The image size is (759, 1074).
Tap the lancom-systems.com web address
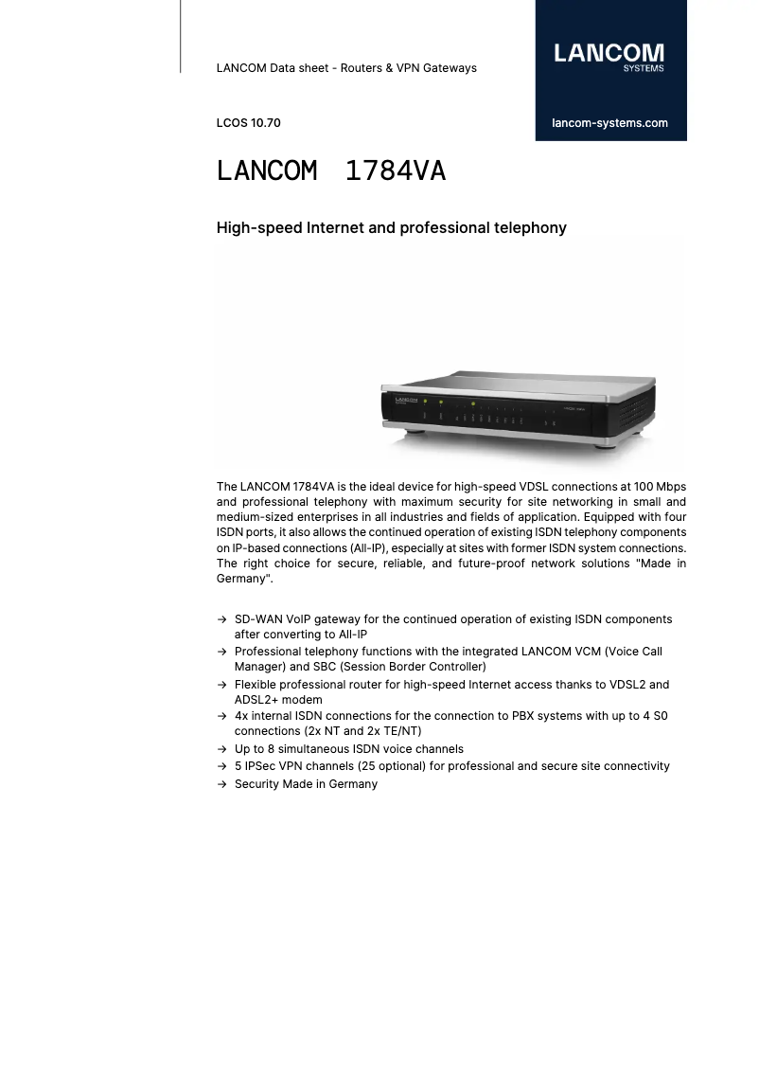(x=609, y=123)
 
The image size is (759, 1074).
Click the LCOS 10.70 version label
(x=248, y=123)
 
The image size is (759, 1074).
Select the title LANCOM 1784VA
(x=330, y=171)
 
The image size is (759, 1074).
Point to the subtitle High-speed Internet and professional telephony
(x=391, y=227)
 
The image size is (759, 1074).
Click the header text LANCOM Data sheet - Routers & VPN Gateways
(x=346, y=68)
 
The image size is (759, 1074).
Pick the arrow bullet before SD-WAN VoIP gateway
(x=221, y=619)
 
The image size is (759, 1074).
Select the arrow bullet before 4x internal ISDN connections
(x=221, y=716)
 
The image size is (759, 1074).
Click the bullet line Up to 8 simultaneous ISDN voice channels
(x=348, y=748)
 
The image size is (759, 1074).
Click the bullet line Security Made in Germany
(x=306, y=784)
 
